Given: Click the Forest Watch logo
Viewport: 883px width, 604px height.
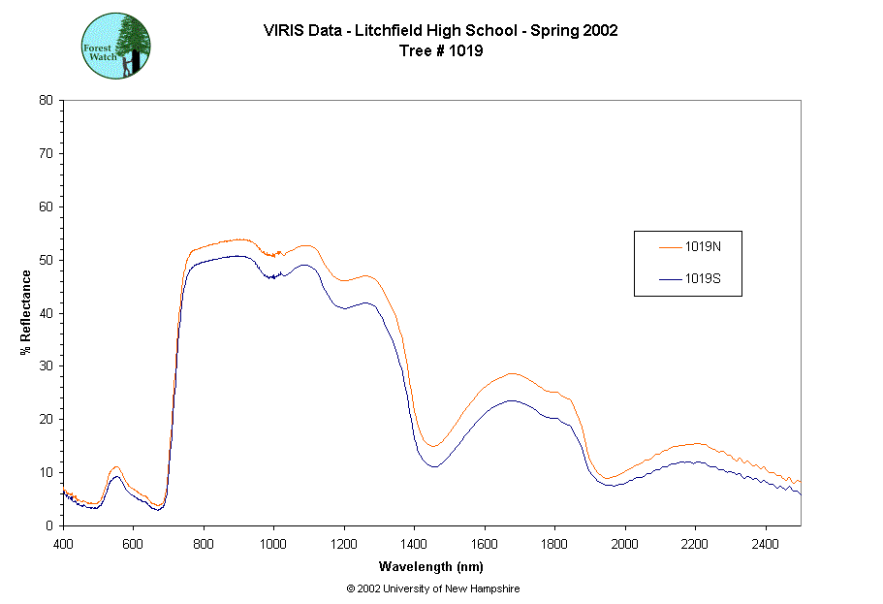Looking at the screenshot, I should click(115, 46).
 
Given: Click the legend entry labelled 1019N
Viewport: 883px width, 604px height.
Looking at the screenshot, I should click(703, 247).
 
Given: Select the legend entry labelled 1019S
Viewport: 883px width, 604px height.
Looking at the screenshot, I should click(703, 279).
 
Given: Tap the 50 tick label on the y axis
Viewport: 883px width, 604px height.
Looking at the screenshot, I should click(46, 260).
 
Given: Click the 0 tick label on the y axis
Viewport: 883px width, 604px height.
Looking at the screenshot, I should click(49, 525).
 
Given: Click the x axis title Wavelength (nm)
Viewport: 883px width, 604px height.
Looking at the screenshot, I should click(432, 567).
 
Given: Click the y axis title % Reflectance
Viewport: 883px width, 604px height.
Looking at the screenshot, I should click(26, 312).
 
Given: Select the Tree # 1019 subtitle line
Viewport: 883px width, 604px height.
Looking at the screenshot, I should click(441, 51).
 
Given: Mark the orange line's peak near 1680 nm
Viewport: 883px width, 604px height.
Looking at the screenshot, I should click(512, 373).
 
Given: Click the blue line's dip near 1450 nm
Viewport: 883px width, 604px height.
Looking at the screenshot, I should click(433, 466).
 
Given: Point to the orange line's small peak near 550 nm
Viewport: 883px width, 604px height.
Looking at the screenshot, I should click(115, 466).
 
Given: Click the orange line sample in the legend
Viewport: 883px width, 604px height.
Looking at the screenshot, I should click(672, 247).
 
